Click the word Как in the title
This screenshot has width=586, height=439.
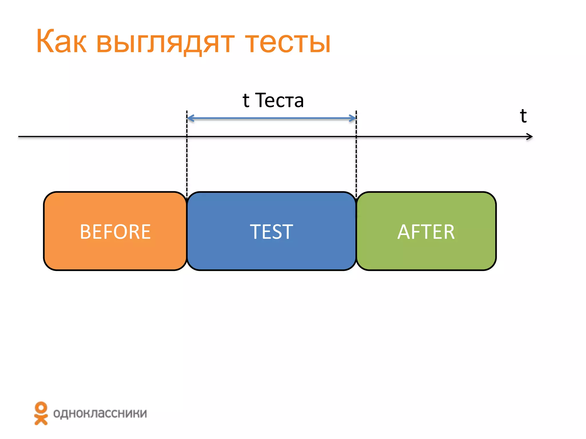point(61,41)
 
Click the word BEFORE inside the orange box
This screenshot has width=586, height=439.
point(115,232)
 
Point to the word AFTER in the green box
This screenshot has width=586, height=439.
point(426,232)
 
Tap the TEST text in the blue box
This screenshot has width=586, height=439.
point(271,232)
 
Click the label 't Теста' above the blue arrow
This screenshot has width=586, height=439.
point(273,100)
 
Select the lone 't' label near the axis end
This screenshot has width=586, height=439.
point(523,116)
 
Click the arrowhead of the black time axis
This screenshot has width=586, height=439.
point(530,137)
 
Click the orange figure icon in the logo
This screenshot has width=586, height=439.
point(41,413)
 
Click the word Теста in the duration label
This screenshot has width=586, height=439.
point(279,100)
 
